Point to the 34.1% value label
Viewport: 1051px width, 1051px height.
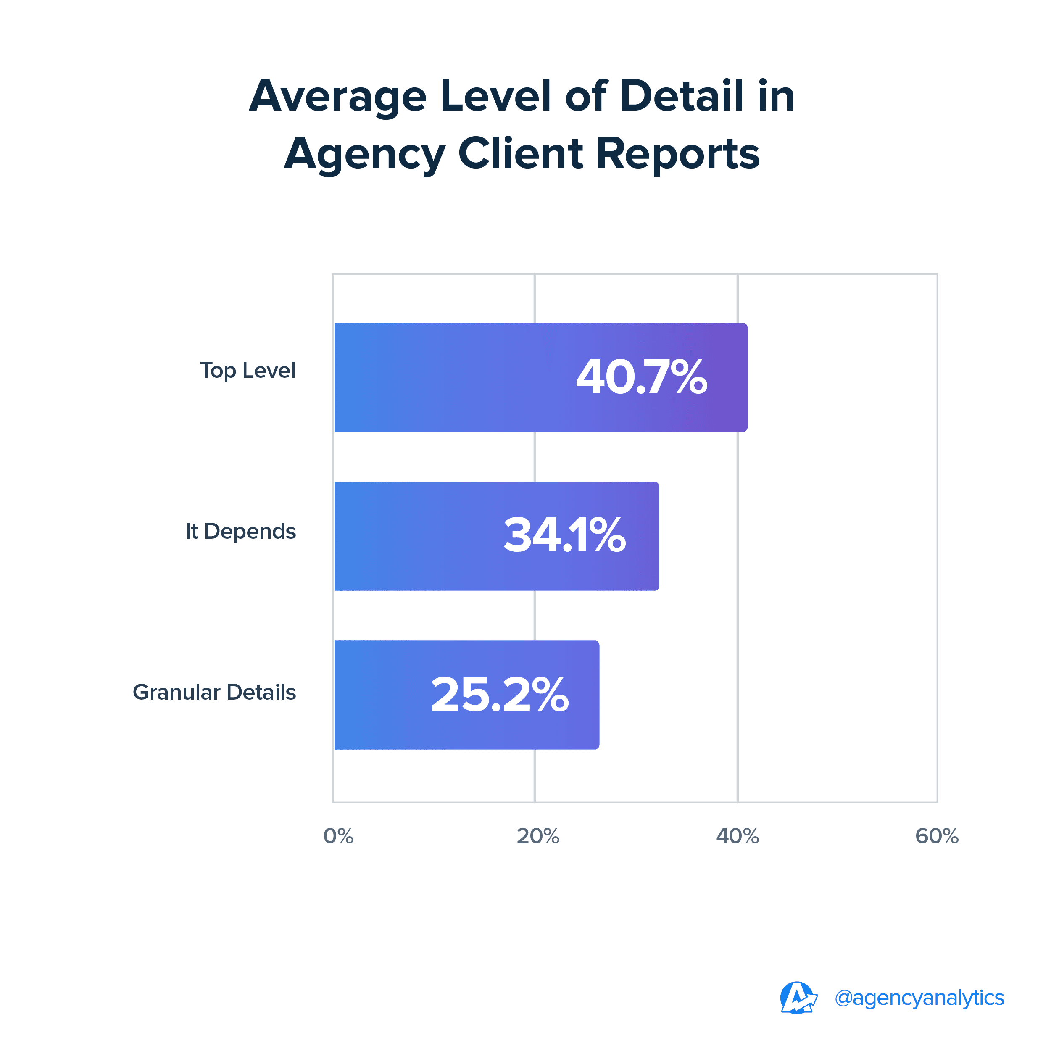[565, 536]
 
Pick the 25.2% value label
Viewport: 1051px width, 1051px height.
[499, 695]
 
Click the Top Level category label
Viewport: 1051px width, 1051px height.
[248, 371]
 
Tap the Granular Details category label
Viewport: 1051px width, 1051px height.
[214, 692]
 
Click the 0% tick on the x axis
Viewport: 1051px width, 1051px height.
[338, 836]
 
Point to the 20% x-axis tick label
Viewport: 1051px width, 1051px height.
[537, 836]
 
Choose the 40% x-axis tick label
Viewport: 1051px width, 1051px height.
[737, 836]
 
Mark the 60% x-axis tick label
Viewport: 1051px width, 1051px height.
[937, 836]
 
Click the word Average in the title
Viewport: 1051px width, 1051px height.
[338, 97]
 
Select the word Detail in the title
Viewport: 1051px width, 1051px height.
[682, 96]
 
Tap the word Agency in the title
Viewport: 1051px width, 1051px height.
[364, 155]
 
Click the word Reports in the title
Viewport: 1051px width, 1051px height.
[678, 155]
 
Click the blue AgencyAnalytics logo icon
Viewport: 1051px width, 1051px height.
[798, 998]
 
